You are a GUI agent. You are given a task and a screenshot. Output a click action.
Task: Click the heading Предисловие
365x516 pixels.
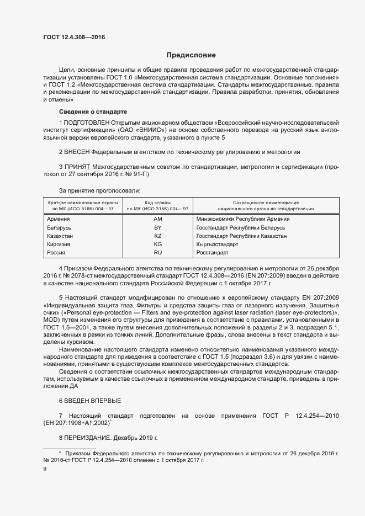pyautogui.click(x=191, y=55)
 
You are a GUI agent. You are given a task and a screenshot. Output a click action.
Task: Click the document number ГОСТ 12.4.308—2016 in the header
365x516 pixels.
pyautogui.click(x=74, y=38)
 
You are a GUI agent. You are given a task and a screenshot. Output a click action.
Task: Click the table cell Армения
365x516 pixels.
pyautogui.click(x=59, y=219)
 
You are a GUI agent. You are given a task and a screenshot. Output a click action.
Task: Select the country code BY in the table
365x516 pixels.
pyautogui.click(x=157, y=227)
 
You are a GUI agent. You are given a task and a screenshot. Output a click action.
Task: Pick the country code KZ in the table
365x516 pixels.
pyautogui.click(x=157, y=236)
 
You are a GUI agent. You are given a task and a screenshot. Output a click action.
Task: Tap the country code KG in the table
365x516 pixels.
pyautogui.click(x=157, y=244)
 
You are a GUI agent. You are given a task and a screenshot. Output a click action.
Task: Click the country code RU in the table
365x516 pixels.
pyautogui.click(x=157, y=252)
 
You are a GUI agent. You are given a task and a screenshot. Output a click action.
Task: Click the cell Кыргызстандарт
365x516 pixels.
pyautogui.click(x=217, y=244)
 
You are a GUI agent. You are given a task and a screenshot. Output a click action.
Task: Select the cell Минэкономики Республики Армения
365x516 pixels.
pyautogui.click(x=242, y=219)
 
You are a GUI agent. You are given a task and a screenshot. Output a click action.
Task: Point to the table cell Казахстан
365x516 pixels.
pyautogui.click(x=61, y=236)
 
